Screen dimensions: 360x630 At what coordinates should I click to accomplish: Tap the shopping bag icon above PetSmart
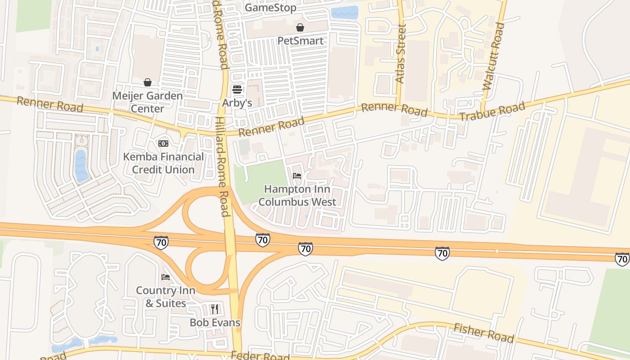click(300, 28)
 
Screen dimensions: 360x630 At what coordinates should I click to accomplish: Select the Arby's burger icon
click(237, 90)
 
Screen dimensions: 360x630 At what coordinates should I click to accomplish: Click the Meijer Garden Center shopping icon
click(147, 82)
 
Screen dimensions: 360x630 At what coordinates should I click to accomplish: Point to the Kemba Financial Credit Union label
click(163, 163)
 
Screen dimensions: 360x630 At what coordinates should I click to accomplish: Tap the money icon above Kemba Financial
click(163, 143)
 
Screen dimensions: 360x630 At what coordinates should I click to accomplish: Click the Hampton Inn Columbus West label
click(297, 195)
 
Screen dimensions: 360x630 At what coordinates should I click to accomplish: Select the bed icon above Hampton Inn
click(297, 176)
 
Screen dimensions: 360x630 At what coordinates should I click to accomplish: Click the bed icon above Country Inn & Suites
click(166, 277)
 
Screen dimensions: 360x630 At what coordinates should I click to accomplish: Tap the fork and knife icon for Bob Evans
click(215, 309)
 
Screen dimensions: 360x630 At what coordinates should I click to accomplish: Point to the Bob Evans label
click(215, 323)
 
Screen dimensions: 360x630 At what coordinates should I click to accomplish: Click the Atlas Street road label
click(400, 54)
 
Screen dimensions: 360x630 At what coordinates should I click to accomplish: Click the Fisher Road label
click(483, 333)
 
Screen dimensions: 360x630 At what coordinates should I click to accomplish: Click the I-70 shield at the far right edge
click(622, 259)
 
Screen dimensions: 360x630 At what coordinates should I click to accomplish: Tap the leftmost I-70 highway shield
click(161, 243)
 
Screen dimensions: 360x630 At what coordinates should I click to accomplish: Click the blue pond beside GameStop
click(344, 13)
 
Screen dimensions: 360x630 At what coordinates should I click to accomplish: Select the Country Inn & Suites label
click(166, 297)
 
